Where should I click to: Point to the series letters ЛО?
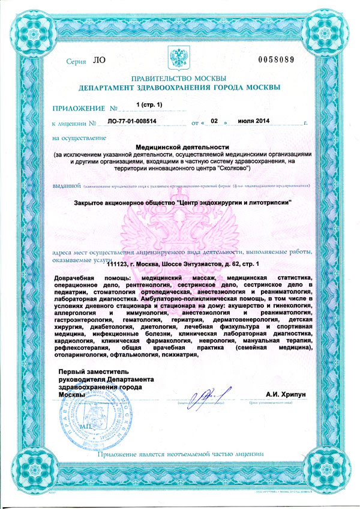(x=98, y=61)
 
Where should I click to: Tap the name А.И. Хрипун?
(x=286, y=394)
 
